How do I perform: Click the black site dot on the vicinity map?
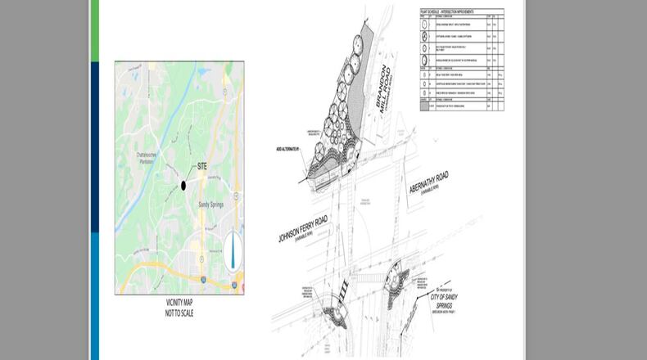(183, 186)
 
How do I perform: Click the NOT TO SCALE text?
(178, 313)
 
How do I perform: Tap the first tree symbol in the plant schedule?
(425, 25)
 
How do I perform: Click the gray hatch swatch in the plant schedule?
(425, 106)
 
